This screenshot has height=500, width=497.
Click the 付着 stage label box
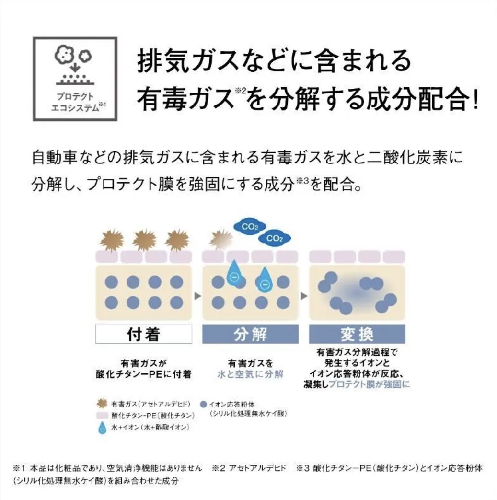click(x=144, y=334)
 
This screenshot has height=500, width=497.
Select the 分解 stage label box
click(x=250, y=334)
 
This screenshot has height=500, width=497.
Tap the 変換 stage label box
click(x=357, y=334)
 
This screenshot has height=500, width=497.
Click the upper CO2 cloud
click(x=250, y=227)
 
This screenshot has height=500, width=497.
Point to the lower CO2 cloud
click(x=275, y=238)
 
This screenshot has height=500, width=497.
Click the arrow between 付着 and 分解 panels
click(x=197, y=296)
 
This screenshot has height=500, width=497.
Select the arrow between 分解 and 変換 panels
click(x=304, y=296)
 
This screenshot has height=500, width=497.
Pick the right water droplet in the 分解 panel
click(x=265, y=279)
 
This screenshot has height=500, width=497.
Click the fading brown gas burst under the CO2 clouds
click(x=220, y=240)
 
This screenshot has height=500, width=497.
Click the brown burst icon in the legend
click(x=102, y=404)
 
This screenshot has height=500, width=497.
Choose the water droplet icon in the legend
click(x=102, y=428)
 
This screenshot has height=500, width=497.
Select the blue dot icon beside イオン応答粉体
click(x=203, y=404)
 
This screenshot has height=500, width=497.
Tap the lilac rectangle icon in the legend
click(x=102, y=416)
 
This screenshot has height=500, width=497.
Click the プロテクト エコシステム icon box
click(x=75, y=79)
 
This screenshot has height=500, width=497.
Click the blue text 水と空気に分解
click(x=250, y=374)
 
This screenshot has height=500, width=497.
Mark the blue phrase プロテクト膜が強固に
click(x=369, y=384)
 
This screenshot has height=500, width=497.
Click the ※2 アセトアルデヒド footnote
click(x=249, y=468)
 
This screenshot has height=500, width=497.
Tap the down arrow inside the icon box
click(x=75, y=68)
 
